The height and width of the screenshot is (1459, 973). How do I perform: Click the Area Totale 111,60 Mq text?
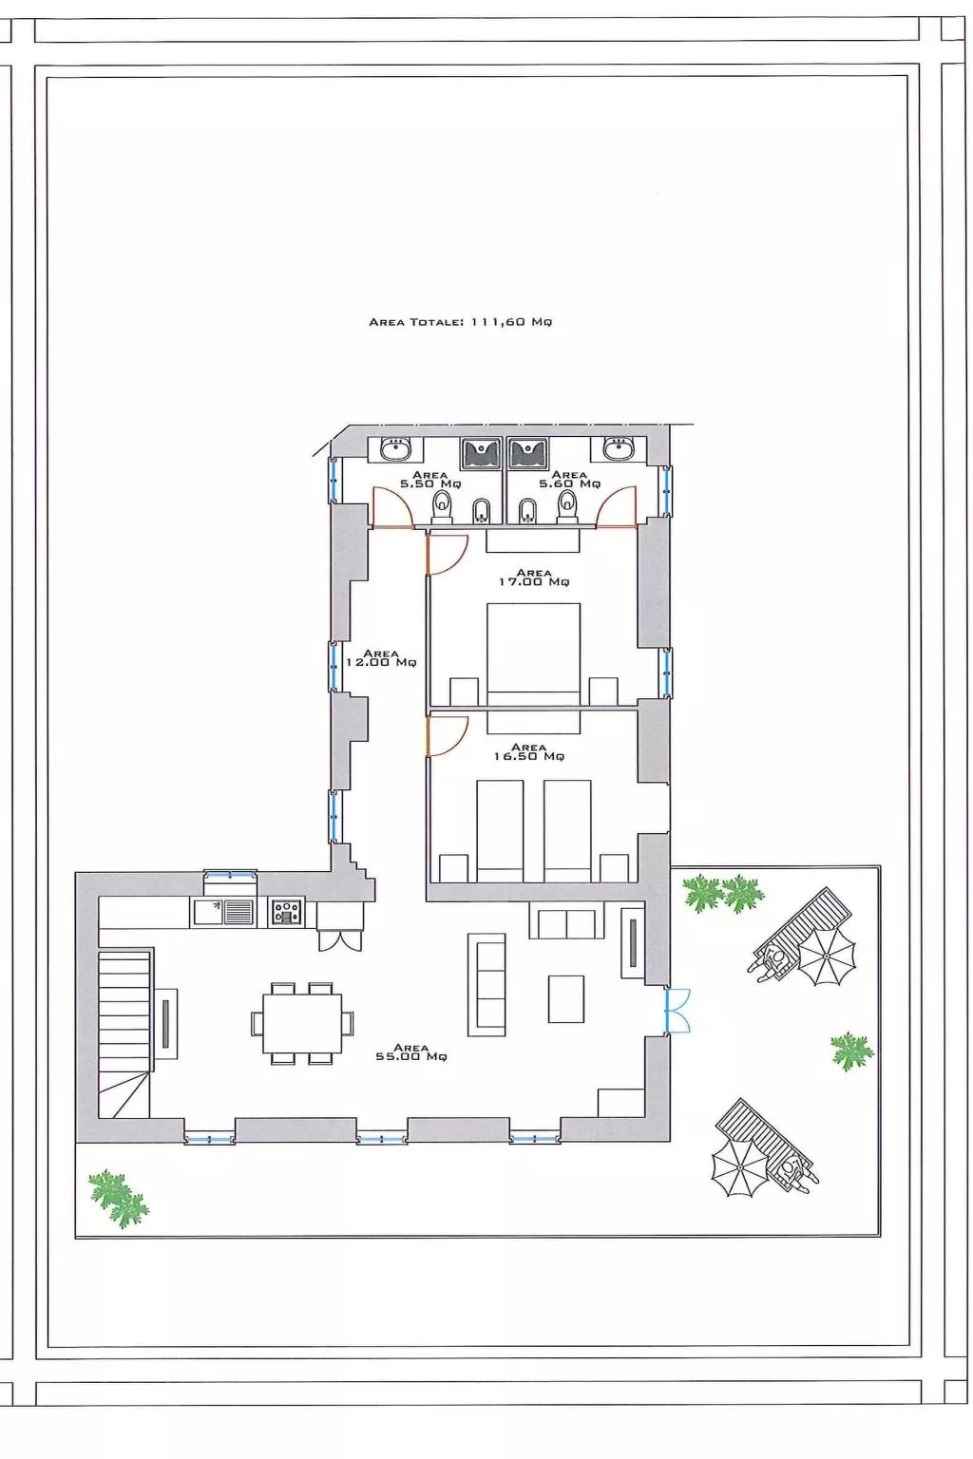(x=460, y=322)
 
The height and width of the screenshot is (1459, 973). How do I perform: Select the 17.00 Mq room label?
(x=534, y=578)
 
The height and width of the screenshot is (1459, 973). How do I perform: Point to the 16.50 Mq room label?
(x=528, y=751)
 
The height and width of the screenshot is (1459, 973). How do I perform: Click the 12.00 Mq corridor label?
(x=381, y=658)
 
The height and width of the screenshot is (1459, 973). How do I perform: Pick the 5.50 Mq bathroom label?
(x=430, y=480)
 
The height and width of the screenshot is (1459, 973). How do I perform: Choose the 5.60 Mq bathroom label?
(x=569, y=480)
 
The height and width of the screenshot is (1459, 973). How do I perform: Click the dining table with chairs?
(x=302, y=1023)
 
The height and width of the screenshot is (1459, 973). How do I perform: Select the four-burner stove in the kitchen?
(x=287, y=911)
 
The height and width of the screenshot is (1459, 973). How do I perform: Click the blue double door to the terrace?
(x=677, y=1011)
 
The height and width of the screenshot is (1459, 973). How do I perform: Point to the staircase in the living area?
(x=125, y=1033)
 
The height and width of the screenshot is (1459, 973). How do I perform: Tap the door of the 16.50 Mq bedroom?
(x=448, y=736)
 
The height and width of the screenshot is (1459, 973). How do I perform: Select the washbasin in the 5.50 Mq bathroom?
(x=395, y=448)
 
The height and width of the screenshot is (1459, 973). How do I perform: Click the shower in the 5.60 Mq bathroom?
(x=527, y=453)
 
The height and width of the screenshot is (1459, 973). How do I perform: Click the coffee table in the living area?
(x=565, y=998)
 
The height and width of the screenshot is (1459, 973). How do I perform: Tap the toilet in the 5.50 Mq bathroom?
(x=443, y=506)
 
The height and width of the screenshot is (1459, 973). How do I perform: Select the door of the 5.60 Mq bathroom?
(x=615, y=507)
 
